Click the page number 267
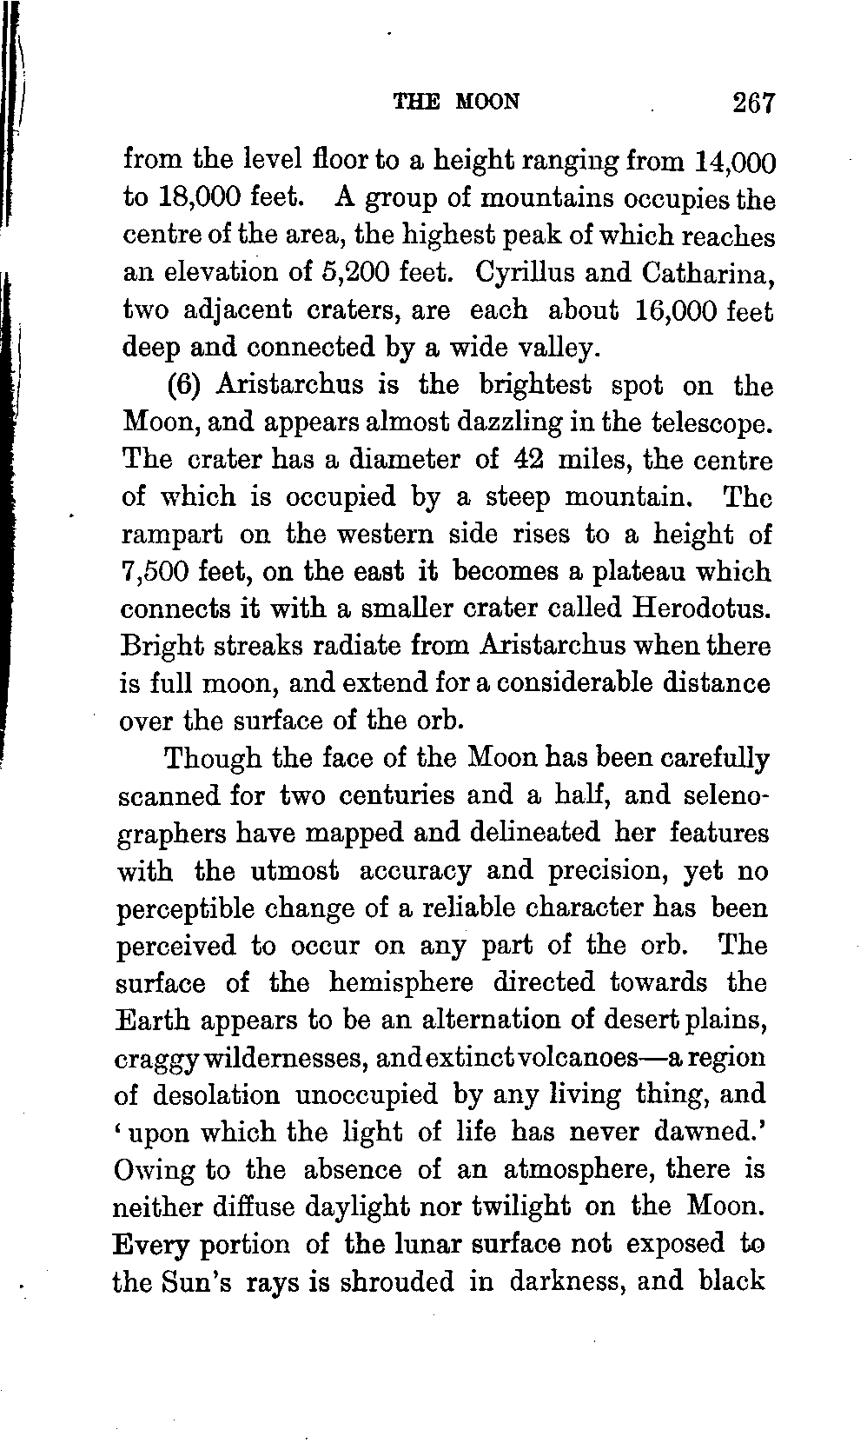pyautogui.click(x=751, y=103)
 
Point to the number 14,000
pyautogui.click(x=735, y=163)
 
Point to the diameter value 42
pyautogui.click(x=529, y=460)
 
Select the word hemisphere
pyautogui.click(x=401, y=983)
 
